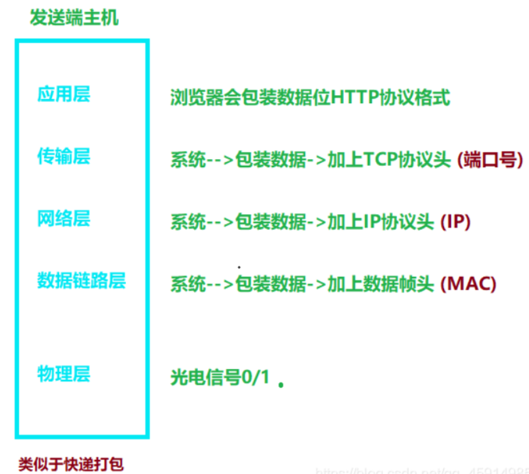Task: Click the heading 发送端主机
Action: click(x=74, y=17)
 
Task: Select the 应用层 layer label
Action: click(x=63, y=94)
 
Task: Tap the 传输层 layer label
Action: click(x=63, y=157)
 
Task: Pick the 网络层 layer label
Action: click(x=63, y=218)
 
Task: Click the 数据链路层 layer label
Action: click(x=81, y=280)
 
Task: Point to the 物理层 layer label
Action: click(x=63, y=373)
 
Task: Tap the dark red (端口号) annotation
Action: click(x=490, y=160)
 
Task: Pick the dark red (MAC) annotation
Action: click(x=468, y=283)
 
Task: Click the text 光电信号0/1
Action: click(x=220, y=378)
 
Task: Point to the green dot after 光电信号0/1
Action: click(x=280, y=384)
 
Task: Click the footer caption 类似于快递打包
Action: click(x=71, y=464)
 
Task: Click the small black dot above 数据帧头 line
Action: click(x=239, y=266)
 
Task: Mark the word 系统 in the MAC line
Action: click(x=188, y=283)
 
